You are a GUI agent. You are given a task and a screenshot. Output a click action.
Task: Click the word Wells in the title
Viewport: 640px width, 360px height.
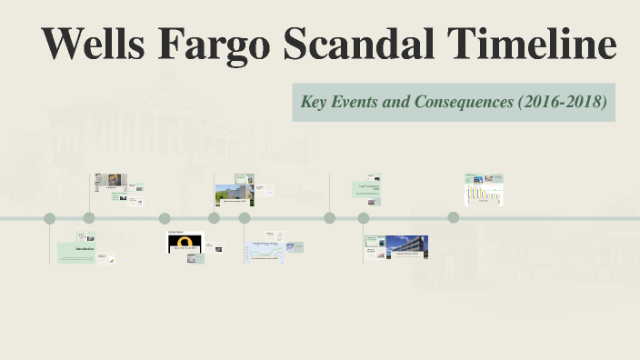94,45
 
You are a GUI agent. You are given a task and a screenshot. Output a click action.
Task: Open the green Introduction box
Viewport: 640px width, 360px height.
77,252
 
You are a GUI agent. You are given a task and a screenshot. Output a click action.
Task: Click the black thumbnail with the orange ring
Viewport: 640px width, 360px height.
185,243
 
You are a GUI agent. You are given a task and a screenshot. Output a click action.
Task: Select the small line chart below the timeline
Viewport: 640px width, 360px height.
265,253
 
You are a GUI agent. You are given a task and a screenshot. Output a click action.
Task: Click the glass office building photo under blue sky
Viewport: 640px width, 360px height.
407,247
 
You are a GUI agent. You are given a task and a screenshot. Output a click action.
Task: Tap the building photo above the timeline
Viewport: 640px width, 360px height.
233,194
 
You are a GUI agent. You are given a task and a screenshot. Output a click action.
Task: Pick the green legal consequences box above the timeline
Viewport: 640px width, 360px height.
365,189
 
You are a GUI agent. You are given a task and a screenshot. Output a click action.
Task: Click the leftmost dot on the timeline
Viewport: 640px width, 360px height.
50,218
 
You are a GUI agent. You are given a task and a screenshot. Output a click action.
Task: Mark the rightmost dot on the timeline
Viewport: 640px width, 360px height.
454,217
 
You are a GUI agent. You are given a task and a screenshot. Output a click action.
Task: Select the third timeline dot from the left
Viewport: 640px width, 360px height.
165,218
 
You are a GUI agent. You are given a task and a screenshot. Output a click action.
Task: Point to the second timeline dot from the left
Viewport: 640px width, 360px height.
89,218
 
